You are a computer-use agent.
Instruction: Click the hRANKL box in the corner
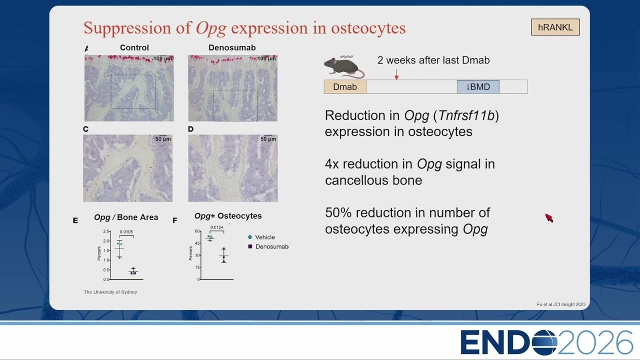click(x=555, y=27)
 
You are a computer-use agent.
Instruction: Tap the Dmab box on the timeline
click(x=345, y=86)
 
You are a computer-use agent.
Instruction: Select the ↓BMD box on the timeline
click(x=478, y=86)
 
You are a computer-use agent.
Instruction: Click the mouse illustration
click(x=344, y=67)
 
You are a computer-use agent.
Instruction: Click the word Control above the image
click(x=134, y=47)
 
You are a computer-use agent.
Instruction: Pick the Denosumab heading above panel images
click(x=232, y=47)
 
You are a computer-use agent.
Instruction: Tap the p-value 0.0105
click(x=126, y=231)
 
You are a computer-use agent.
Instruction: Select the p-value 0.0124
click(x=217, y=227)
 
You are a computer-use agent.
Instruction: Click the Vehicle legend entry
click(x=261, y=237)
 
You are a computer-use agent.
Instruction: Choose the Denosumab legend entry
click(x=268, y=246)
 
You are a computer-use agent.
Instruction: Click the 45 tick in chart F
click(x=197, y=243)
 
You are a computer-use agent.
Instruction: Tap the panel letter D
click(x=190, y=129)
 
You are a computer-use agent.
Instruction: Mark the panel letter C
click(x=85, y=129)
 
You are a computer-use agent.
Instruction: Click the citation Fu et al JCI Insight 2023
click(x=561, y=304)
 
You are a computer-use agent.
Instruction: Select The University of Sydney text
click(x=110, y=292)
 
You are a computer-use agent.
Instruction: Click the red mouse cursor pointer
click(x=549, y=217)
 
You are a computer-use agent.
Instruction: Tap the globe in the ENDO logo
click(x=544, y=342)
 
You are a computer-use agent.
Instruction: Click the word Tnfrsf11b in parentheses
click(x=466, y=115)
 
